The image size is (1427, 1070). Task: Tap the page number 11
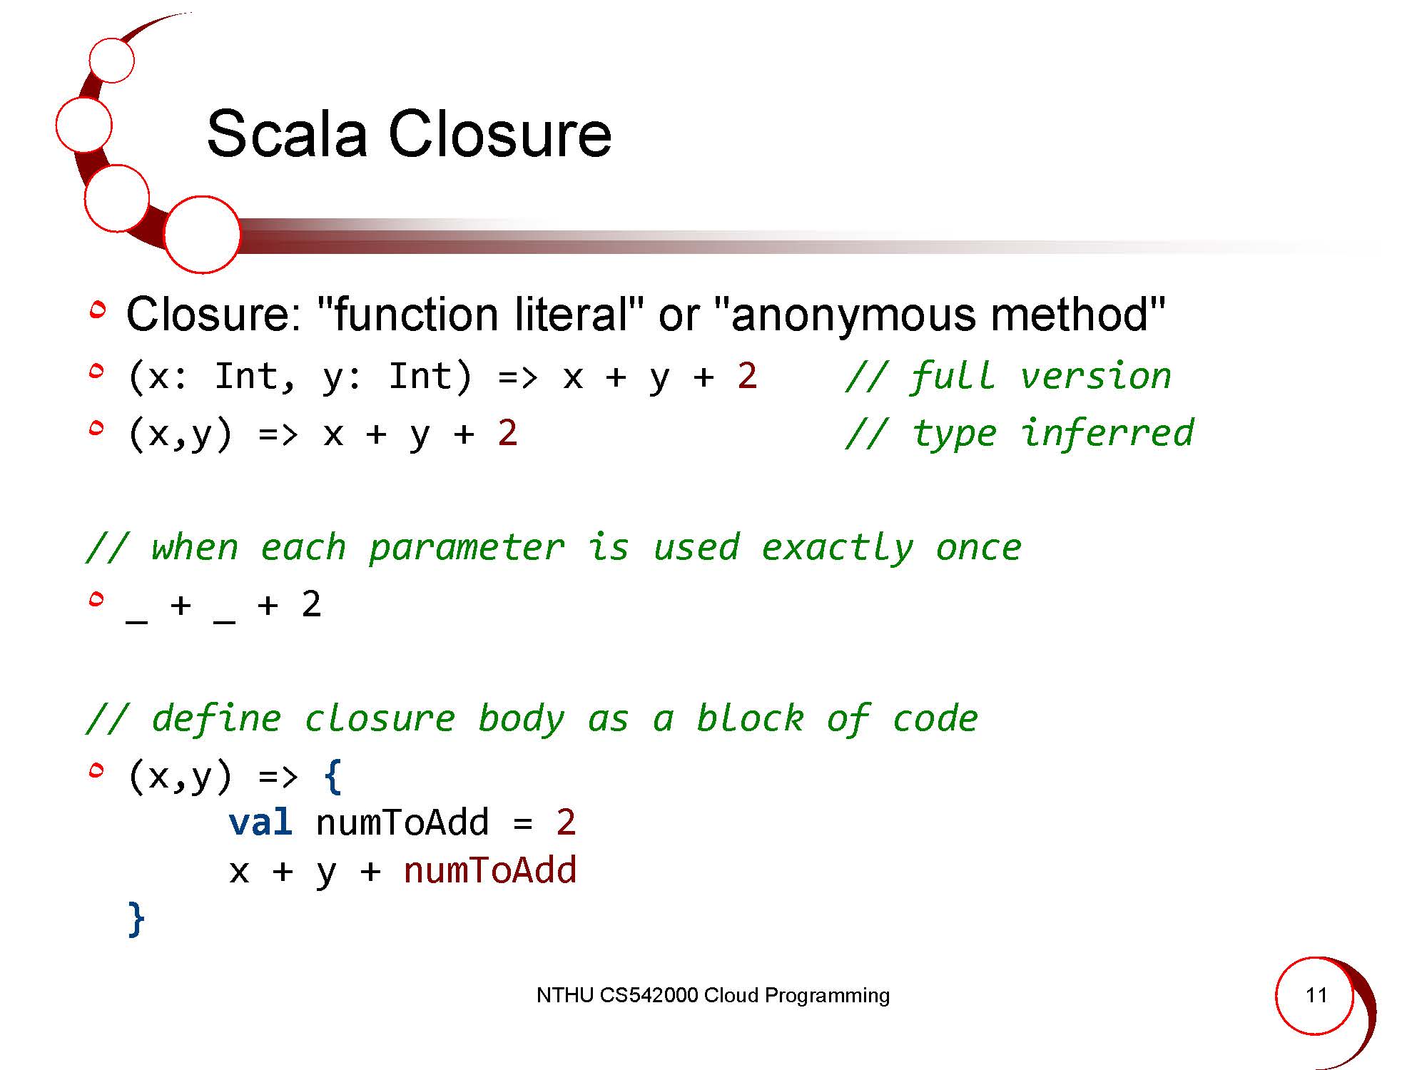pyautogui.click(x=1316, y=994)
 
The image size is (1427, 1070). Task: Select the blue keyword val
pyautogui.click(x=260, y=822)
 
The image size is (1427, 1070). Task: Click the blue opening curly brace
pyautogui.click(x=332, y=776)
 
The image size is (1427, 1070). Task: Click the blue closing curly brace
pyautogui.click(x=136, y=919)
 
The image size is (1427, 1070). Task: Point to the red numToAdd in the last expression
pyautogui.click(x=490, y=870)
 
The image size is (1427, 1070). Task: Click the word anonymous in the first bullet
pyautogui.click(x=853, y=315)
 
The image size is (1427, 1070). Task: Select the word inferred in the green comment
pyautogui.click(x=1107, y=432)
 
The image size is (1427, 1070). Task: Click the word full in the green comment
pyautogui.click(x=953, y=375)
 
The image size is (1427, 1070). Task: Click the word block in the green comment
pyautogui.click(x=750, y=718)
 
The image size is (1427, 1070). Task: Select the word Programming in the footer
pyautogui.click(x=827, y=996)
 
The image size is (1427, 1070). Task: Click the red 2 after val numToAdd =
pyautogui.click(x=566, y=822)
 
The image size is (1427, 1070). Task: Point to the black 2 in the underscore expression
pyautogui.click(x=311, y=605)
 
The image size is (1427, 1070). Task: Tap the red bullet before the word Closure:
pyautogui.click(x=98, y=310)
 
